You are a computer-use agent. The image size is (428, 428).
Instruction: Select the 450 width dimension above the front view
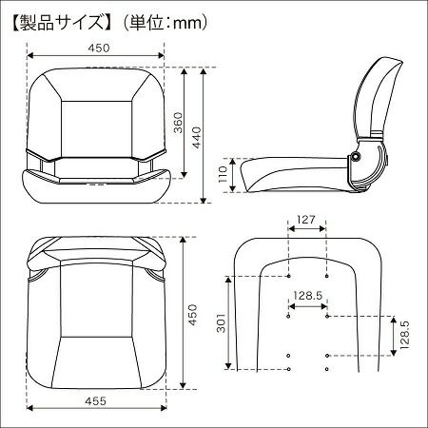point(100,48)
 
